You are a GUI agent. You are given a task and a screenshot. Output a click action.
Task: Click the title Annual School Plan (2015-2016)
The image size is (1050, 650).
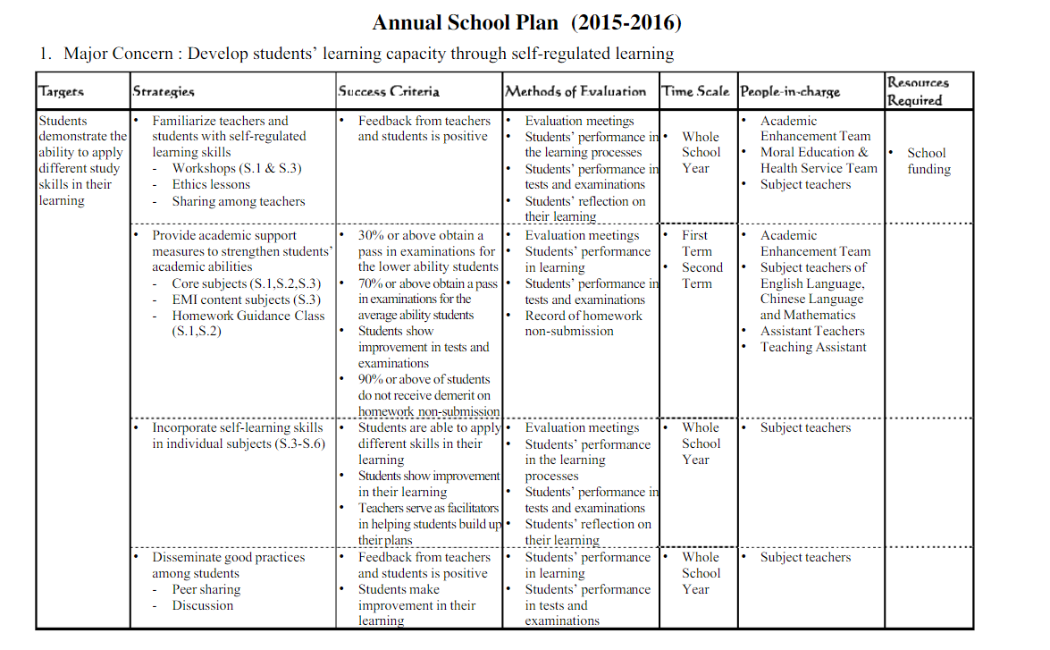click(x=526, y=21)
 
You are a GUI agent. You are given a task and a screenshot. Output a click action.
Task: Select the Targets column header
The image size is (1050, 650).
click(x=62, y=91)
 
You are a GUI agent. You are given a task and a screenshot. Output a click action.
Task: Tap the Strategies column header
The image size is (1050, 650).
click(x=164, y=91)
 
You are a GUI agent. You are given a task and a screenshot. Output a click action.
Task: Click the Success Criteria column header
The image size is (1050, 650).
click(x=389, y=91)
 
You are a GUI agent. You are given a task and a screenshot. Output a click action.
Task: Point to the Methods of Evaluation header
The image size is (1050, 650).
click(x=575, y=91)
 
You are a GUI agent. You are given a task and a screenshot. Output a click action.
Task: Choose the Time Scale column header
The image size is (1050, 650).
click(x=695, y=91)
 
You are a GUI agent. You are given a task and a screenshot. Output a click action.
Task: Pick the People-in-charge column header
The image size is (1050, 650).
click(x=790, y=91)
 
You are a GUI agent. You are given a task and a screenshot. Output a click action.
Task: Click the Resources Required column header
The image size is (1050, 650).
click(x=918, y=91)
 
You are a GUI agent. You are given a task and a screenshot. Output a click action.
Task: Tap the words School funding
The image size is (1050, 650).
click(x=928, y=161)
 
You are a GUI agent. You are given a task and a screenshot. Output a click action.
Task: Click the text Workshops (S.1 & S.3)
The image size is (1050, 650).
click(x=237, y=168)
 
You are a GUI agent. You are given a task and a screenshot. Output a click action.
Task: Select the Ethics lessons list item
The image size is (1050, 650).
click(x=211, y=184)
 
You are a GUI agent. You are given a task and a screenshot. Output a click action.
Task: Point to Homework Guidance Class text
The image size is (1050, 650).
click(x=248, y=316)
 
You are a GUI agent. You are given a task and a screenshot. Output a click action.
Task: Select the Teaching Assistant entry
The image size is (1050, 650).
click(x=813, y=348)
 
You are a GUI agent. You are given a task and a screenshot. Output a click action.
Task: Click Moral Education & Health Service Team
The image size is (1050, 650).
click(x=818, y=160)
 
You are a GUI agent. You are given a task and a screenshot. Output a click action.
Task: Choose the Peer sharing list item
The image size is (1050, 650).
click(x=206, y=590)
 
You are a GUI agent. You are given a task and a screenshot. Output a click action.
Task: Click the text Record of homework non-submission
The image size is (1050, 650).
click(x=583, y=324)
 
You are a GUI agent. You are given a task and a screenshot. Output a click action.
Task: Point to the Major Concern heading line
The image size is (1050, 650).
click(x=356, y=54)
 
